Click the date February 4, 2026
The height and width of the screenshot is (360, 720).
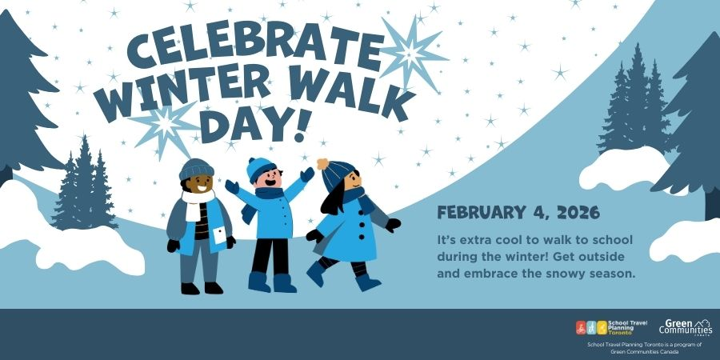click(x=518, y=213)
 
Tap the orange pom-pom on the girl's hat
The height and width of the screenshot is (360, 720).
click(x=323, y=164)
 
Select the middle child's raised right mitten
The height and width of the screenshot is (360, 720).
click(x=307, y=174)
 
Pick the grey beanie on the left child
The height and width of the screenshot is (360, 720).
click(x=197, y=170)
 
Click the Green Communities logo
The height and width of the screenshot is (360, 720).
click(x=686, y=327)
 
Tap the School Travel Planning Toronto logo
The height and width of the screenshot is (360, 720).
click(x=611, y=327)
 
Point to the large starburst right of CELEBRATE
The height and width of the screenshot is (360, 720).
click(x=410, y=54)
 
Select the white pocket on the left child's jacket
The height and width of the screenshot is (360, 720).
click(x=220, y=235)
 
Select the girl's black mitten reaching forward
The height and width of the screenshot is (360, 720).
click(x=393, y=225)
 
